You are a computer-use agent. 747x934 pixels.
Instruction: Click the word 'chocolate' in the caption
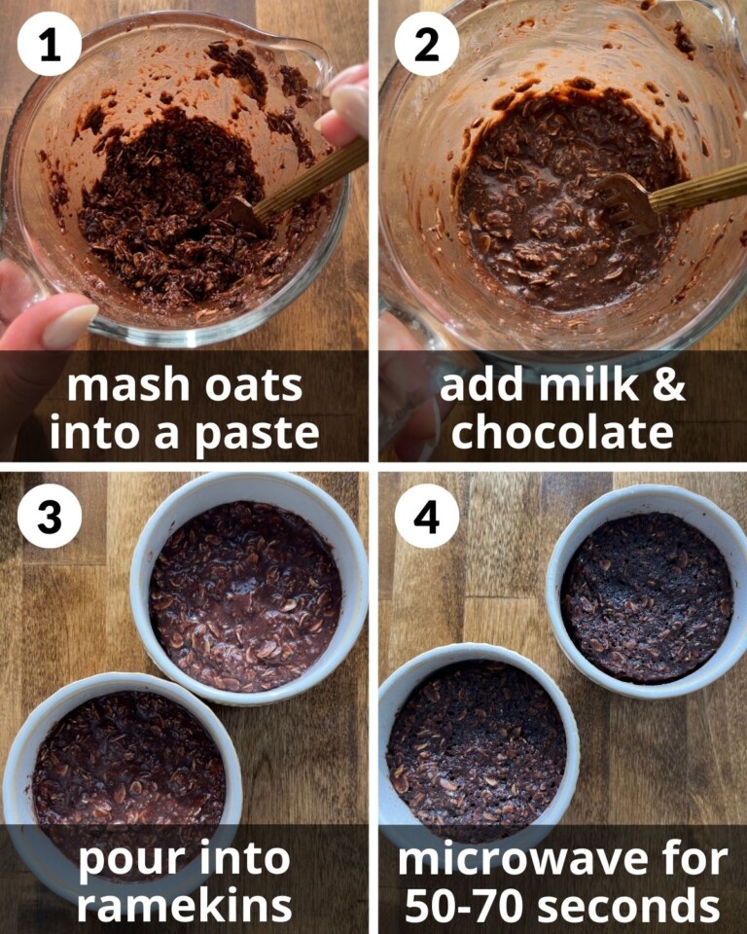tap(562, 432)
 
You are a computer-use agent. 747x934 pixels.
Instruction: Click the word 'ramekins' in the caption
tap(184, 905)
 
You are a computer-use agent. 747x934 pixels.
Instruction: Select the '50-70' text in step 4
tap(466, 905)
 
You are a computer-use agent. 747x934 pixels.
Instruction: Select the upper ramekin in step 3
tap(248, 589)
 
